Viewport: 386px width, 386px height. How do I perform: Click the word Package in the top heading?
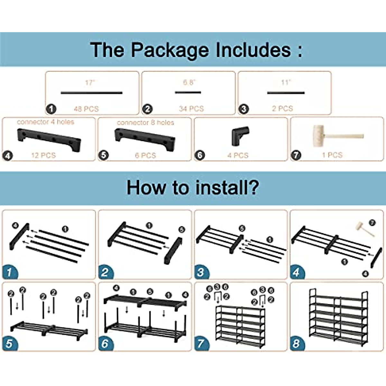[x=170, y=50]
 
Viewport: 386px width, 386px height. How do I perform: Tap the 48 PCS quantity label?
[x=86, y=109]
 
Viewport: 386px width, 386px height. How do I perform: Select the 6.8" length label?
[x=189, y=82]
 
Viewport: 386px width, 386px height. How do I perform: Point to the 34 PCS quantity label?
[x=191, y=109]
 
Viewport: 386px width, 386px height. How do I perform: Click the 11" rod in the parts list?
[x=286, y=93]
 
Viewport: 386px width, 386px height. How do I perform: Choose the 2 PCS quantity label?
[x=282, y=108]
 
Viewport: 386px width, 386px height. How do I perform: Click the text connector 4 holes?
[x=45, y=122]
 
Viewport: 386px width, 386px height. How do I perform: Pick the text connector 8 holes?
[x=145, y=123]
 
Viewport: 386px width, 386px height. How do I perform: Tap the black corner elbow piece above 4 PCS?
[x=240, y=135]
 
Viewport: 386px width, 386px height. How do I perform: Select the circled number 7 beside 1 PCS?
[x=296, y=155]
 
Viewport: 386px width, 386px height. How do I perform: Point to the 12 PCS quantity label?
[x=43, y=155]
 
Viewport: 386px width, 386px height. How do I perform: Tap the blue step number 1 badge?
[x=9, y=272]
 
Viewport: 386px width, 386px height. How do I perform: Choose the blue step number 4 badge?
[x=296, y=272]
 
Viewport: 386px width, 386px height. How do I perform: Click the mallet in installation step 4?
[x=364, y=228]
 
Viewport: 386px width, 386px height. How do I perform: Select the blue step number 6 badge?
[x=105, y=344]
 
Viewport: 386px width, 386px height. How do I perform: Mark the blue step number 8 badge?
[x=296, y=344]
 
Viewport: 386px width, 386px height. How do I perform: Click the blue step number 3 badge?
[x=201, y=272]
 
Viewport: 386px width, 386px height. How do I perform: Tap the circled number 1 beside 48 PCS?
[x=51, y=109]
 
